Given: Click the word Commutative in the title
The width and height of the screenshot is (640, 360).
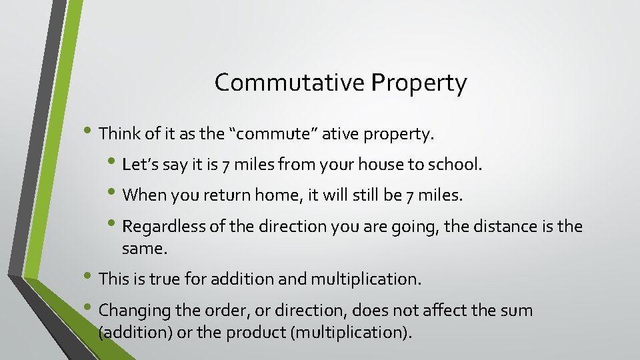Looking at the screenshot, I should (x=290, y=83).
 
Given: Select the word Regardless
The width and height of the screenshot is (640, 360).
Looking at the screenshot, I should (x=165, y=227).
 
